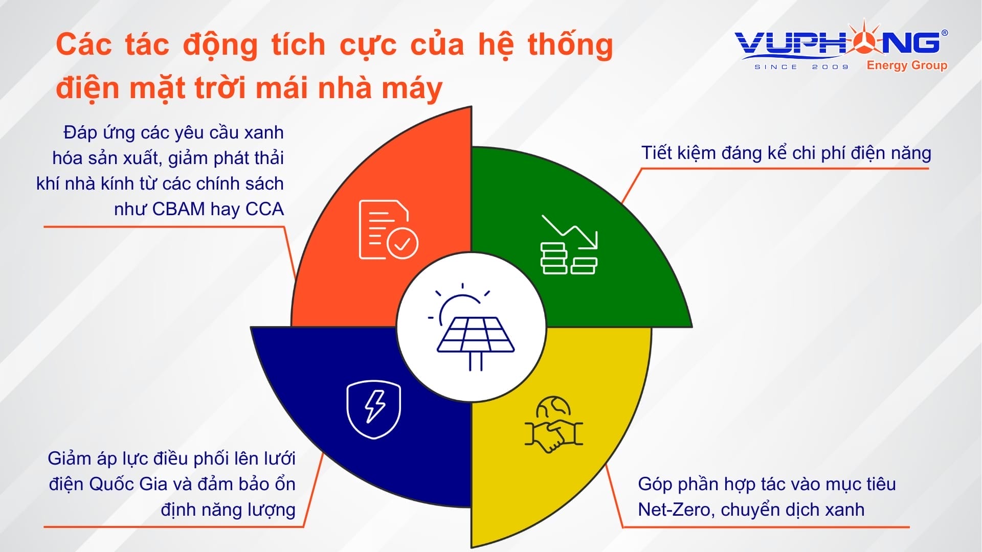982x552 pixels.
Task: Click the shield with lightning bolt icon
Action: (x=374, y=409)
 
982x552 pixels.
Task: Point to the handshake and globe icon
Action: (x=554, y=424)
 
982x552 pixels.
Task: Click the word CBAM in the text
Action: (x=178, y=209)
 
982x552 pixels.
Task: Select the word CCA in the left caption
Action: (x=264, y=209)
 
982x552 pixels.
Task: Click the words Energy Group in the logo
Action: (x=907, y=65)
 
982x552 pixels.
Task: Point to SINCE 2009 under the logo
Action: (x=801, y=67)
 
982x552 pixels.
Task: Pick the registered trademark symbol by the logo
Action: (x=944, y=33)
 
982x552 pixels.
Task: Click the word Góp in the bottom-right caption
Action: (x=655, y=485)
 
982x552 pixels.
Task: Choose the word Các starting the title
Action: (x=83, y=44)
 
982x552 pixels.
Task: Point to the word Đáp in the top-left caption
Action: (x=80, y=132)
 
